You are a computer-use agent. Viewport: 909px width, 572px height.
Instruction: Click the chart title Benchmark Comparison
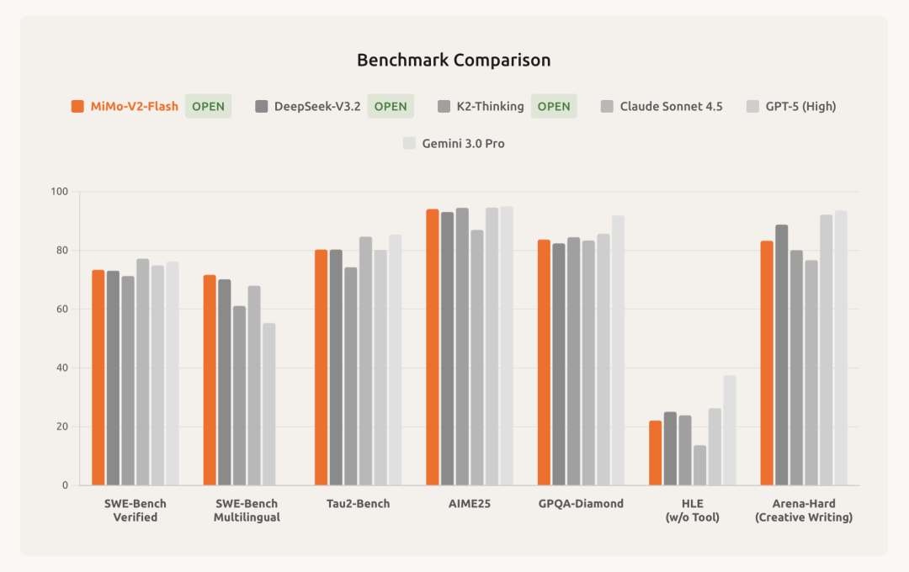pyautogui.click(x=454, y=61)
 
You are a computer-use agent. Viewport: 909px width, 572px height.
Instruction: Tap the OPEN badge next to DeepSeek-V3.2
pyautogui.click(x=390, y=106)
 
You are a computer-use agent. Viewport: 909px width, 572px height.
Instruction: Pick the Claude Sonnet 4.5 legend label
pyautogui.click(x=671, y=106)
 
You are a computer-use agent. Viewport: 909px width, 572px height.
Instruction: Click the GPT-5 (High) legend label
pyautogui.click(x=800, y=106)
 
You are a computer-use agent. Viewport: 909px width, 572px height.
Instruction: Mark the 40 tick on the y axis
pyautogui.click(x=61, y=368)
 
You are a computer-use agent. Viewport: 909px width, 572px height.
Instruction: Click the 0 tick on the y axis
pyautogui.click(x=64, y=485)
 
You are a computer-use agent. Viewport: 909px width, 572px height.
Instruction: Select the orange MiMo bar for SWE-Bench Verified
pyautogui.click(x=98, y=378)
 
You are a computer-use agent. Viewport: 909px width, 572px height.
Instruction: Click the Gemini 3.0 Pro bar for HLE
pyautogui.click(x=729, y=430)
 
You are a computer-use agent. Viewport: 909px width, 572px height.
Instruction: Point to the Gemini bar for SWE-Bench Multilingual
pyautogui.click(x=268, y=404)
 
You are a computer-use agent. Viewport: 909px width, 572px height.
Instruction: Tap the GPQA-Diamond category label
pyautogui.click(x=581, y=504)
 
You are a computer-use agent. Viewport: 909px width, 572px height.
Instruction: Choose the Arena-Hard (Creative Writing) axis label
pyautogui.click(x=803, y=511)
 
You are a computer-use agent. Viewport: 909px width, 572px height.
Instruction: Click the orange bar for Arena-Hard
pyautogui.click(x=767, y=363)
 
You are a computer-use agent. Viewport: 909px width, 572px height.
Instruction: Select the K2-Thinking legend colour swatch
pyautogui.click(x=444, y=106)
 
